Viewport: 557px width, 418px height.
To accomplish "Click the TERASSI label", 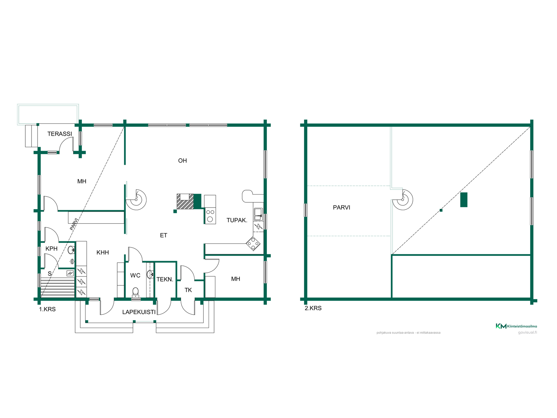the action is (60, 134).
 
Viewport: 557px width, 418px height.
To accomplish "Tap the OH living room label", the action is (182, 161).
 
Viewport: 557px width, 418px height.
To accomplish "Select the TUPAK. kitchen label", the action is (237, 220).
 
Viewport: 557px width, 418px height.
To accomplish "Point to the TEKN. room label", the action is (165, 280).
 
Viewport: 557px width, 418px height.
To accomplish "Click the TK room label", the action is (188, 290).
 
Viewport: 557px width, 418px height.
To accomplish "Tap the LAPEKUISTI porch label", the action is (139, 312).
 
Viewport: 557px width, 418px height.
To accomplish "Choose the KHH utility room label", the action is (103, 253).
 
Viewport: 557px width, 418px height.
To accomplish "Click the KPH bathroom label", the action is (52, 249).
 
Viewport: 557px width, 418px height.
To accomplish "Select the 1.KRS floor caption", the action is (47, 309).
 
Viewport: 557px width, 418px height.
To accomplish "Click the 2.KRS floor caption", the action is (313, 308).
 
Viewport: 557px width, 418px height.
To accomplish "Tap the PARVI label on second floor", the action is (341, 208).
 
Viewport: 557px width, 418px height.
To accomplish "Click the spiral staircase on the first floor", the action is (136, 200).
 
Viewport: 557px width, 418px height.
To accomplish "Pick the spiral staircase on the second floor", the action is (403, 200).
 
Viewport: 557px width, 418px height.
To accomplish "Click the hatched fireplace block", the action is (185, 201).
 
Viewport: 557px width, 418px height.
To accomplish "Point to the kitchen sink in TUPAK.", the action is (258, 214).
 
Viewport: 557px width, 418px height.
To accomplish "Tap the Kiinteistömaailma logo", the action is (516, 326).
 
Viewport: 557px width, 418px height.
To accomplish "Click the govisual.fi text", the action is (527, 332).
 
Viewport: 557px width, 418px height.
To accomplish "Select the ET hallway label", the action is (164, 235).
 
